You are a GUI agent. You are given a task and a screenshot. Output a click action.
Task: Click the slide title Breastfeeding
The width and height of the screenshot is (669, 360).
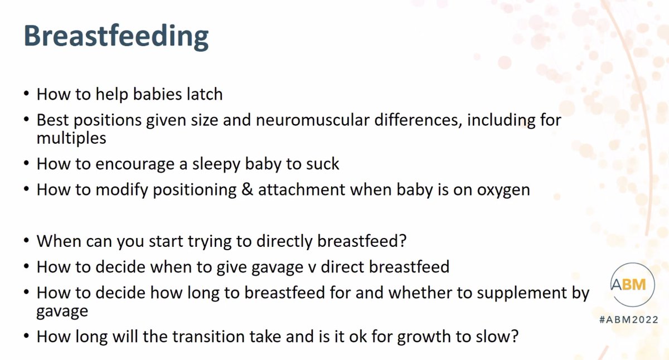(116, 37)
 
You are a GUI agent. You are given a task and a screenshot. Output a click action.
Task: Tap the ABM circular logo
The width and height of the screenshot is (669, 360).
(632, 284)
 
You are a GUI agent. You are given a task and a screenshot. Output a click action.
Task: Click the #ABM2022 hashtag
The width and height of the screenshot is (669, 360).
(629, 320)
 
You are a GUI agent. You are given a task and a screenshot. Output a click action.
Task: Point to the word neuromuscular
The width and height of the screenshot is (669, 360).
(312, 120)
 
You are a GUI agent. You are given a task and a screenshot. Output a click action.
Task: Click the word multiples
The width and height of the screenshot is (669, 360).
(71, 138)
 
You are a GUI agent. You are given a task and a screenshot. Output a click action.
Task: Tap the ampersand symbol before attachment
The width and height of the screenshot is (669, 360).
(247, 189)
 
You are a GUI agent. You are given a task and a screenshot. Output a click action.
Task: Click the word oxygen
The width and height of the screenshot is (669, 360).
(503, 191)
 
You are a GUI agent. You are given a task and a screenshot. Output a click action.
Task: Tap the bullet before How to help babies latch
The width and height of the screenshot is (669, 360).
(26, 94)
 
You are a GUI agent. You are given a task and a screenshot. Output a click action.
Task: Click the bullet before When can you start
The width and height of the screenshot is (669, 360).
(26, 241)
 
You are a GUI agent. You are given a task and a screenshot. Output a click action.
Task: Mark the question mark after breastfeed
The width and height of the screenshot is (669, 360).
(403, 241)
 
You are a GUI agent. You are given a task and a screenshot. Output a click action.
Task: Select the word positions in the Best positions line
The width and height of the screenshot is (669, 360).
(108, 121)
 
